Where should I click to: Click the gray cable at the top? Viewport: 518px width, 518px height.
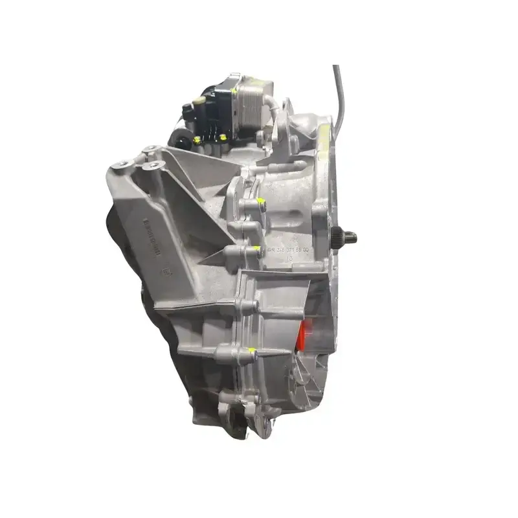(x=339, y=91)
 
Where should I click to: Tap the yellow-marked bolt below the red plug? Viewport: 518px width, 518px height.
(x=254, y=353)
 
